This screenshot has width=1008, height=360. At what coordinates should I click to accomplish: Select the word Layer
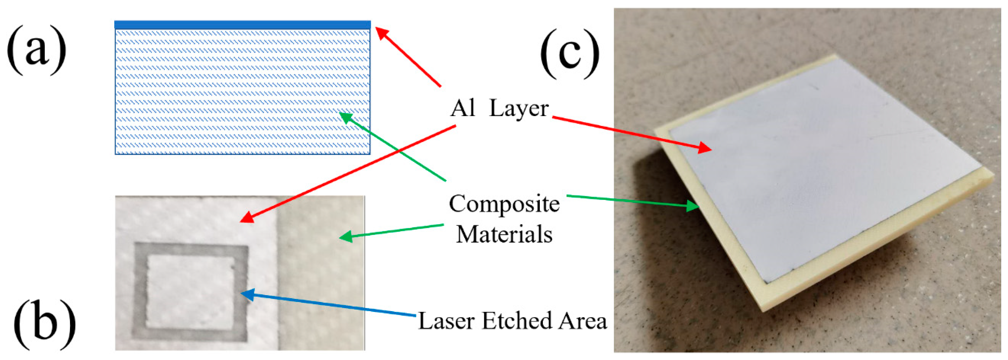coord(519,109)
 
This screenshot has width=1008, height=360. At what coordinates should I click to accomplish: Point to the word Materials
coord(504,235)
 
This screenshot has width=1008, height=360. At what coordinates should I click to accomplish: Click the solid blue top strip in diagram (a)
coord(242,25)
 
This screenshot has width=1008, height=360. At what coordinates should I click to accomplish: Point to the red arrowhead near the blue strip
coord(381,33)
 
